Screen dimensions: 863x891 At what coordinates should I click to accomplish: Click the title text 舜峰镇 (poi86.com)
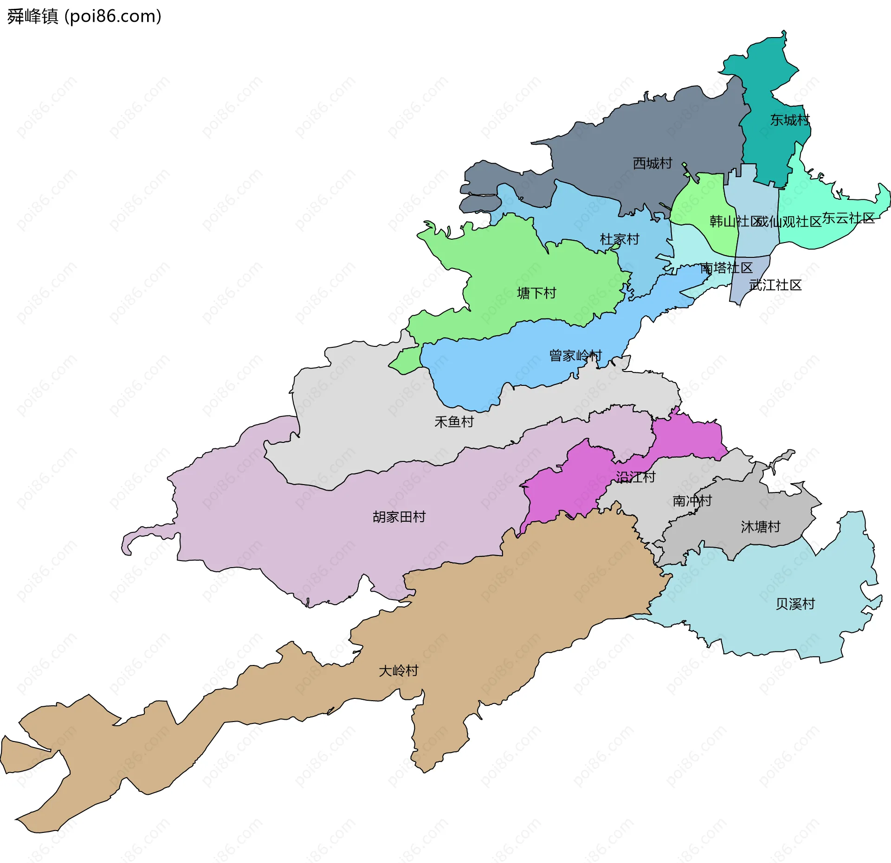click(x=84, y=16)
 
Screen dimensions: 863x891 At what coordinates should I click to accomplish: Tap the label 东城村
click(x=790, y=120)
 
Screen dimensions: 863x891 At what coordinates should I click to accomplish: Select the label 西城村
click(x=652, y=163)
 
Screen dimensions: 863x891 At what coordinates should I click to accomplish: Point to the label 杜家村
click(x=620, y=239)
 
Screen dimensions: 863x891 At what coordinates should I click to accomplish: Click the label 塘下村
click(x=536, y=293)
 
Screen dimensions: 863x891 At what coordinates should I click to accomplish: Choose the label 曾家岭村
click(x=575, y=356)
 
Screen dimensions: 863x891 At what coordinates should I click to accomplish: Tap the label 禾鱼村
click(x=454, y=422)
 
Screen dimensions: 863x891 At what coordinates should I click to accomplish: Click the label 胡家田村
click(x=399, y=517)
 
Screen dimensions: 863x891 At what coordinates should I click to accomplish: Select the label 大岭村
click(x=398, y=671)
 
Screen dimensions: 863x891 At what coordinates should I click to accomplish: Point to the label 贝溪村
click(x=795, y=604)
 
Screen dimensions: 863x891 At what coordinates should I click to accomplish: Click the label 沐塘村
click(x=761, y=527)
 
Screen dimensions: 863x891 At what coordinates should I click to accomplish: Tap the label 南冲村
click(x=692, y=501)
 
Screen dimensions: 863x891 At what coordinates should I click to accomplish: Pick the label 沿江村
click(x=635, y=477)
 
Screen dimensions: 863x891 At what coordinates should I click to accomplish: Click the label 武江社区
click(x=775, y=285)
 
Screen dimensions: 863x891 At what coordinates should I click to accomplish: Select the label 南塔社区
click(x=726, y=268)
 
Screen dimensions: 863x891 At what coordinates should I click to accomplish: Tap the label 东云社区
click(x=848, y=218)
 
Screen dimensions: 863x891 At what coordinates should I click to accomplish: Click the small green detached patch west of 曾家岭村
click(x=407, y=361)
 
